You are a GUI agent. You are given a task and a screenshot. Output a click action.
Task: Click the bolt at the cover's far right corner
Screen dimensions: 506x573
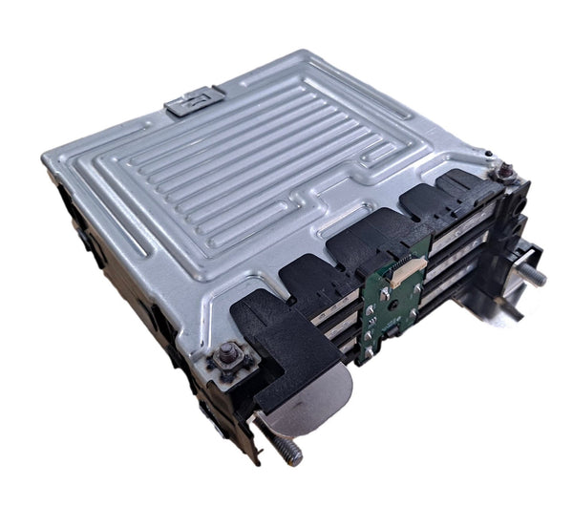click(503, 173)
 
